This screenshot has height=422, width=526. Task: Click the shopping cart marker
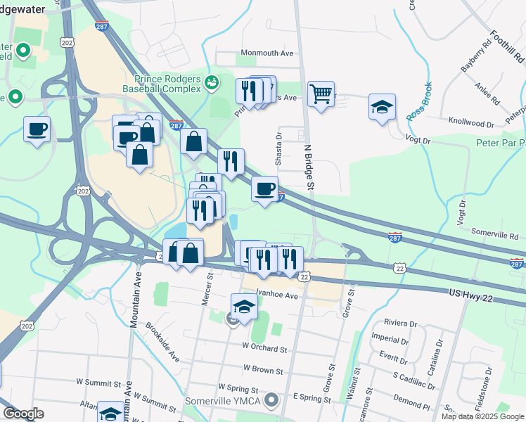click(x=321, y=93)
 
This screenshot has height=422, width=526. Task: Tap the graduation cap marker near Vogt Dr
click(x=382, y=108)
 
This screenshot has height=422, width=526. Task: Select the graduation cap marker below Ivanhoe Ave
click(x=244, y=307)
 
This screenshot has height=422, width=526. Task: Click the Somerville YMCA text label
click(x=223, y=401)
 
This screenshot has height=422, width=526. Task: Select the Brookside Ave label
click(x=163, y=343)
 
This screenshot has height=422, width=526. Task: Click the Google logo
click(x=23, y=414)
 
